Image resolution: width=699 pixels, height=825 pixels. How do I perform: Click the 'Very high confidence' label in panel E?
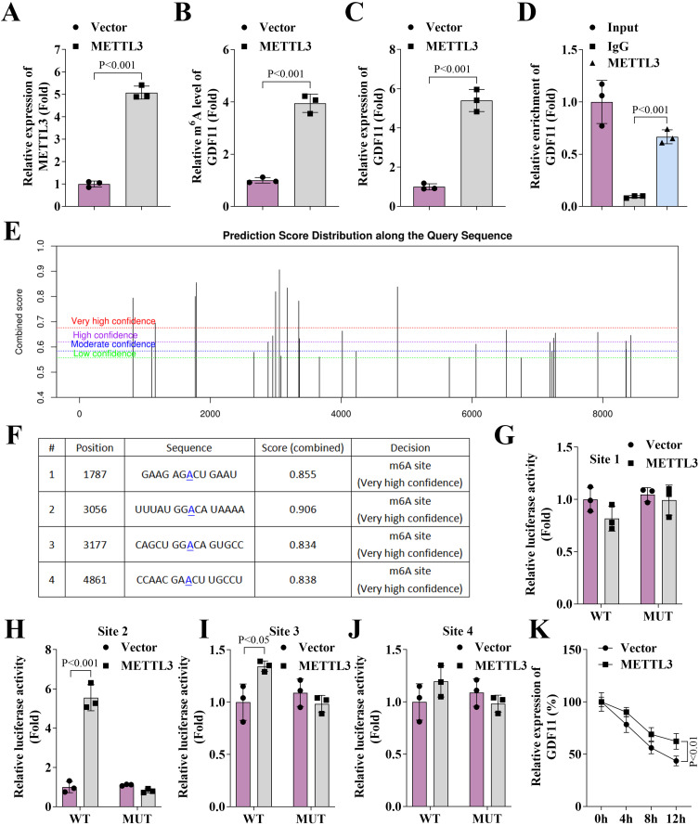[x=112, y=321]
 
